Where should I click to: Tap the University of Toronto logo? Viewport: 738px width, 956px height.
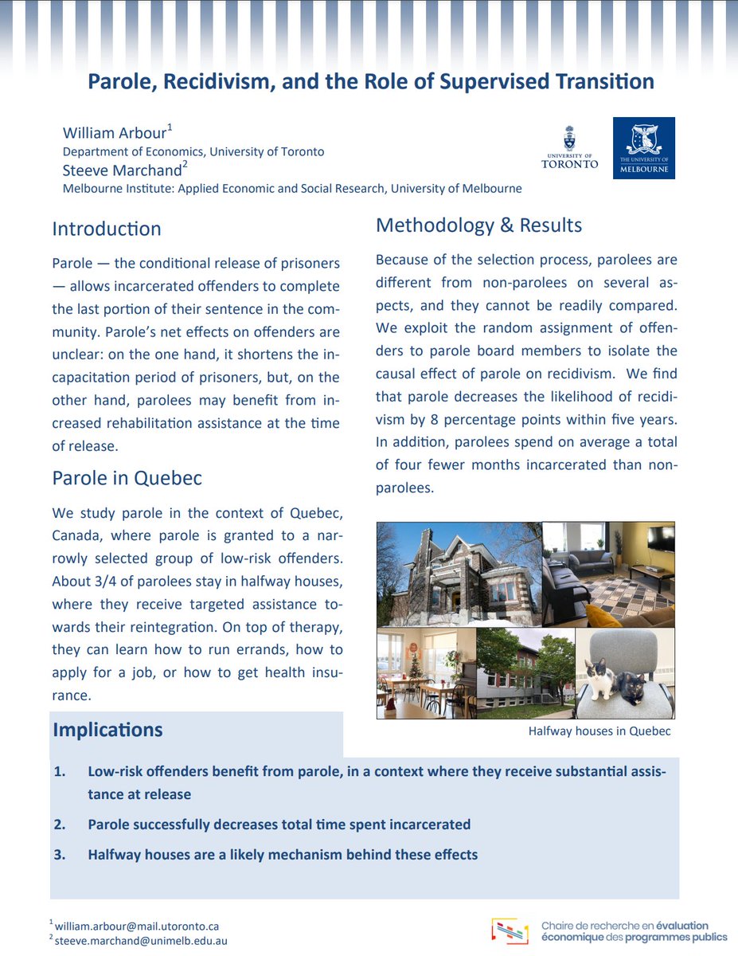click(568, 148)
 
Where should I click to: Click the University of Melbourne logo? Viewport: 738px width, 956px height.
click(643, 148)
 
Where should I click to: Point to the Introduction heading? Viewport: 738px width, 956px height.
click(107, 229)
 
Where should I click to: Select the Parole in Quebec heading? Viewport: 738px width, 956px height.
click(127, 478)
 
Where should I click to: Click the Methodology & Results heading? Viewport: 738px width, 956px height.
click(478, 225)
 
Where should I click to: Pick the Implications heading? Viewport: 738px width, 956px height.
click(107, 730)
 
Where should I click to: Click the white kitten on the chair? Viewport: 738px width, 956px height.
click(600, 680)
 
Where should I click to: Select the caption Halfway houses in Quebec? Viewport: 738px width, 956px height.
click(599, 731)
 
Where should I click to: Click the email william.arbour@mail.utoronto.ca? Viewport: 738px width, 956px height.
click(137, 927)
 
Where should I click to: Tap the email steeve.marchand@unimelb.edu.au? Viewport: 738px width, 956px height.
click(142, 941)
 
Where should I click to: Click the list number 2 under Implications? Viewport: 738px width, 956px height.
click(60, 825)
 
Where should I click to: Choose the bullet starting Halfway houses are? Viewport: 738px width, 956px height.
click(283, 855)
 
